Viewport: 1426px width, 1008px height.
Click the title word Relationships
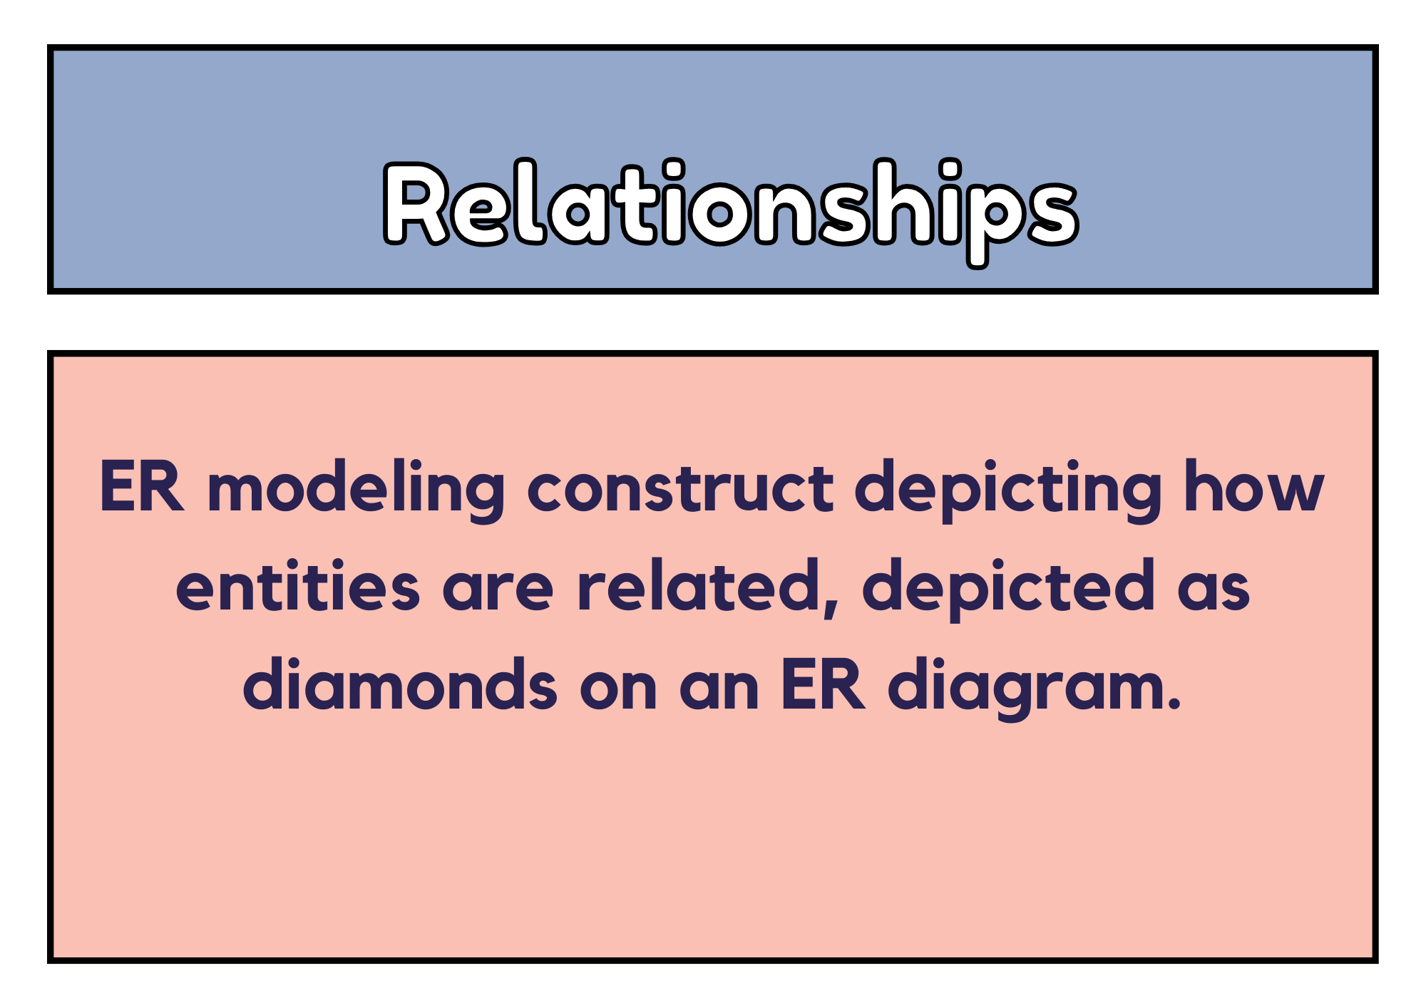point(731,211)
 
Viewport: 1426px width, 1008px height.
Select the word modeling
point(356,490)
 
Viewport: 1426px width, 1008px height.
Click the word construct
point(680,490)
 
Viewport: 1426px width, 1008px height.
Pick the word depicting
point(1009,490)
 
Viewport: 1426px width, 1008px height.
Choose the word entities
point(298,586)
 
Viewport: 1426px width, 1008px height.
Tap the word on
point(618,691)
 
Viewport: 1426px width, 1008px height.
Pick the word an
point(719,691)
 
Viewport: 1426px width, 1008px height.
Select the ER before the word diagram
point(824,686)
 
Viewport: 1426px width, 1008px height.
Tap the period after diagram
point(1174,704)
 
